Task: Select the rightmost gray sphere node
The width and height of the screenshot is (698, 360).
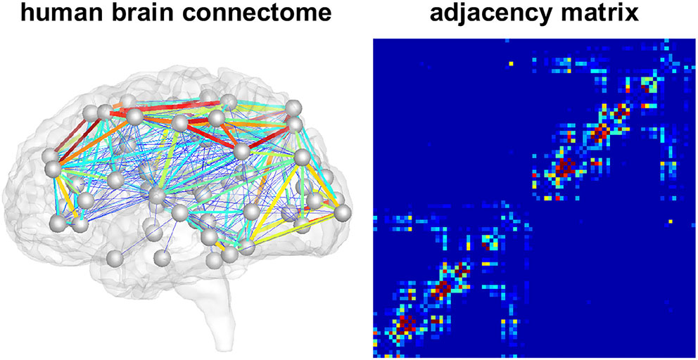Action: click(x=343, y=212)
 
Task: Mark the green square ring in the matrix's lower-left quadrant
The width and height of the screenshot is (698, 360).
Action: click(x=490, y=243)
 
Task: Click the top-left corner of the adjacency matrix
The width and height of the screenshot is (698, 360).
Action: click(x=372, y=39)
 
